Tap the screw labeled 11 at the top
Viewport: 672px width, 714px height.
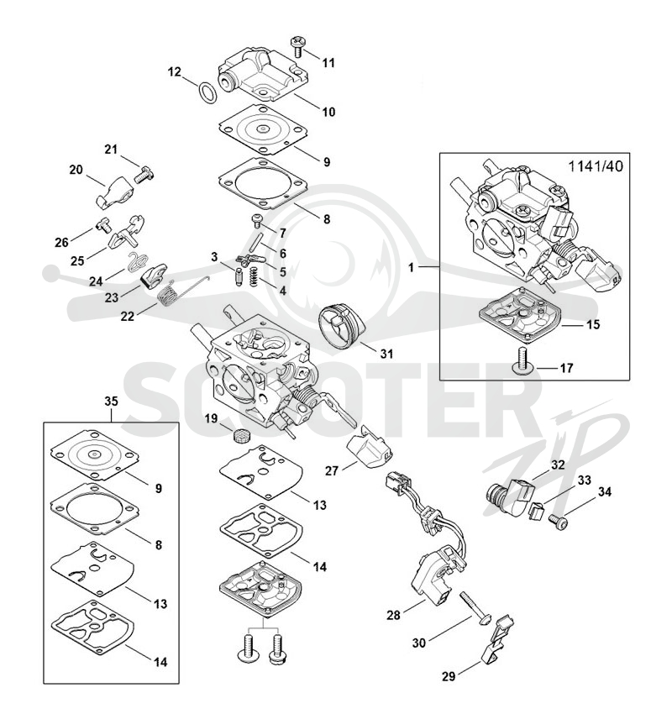coord(297,46)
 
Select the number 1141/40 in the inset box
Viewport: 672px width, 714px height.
coord(596,166)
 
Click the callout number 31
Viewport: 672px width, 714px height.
coord(386,354)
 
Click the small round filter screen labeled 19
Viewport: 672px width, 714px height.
coord(239,436)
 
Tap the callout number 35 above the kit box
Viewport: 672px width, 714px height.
coord(111,402)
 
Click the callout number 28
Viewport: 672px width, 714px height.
coord(393,615)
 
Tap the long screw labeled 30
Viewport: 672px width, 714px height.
coord(475,608)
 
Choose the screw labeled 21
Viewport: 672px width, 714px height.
coord(144,174)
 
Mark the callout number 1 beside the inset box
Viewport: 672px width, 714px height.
coord(411,267)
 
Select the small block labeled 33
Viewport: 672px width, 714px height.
coord(535,511)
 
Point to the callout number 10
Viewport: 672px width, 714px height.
coord(328,112)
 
